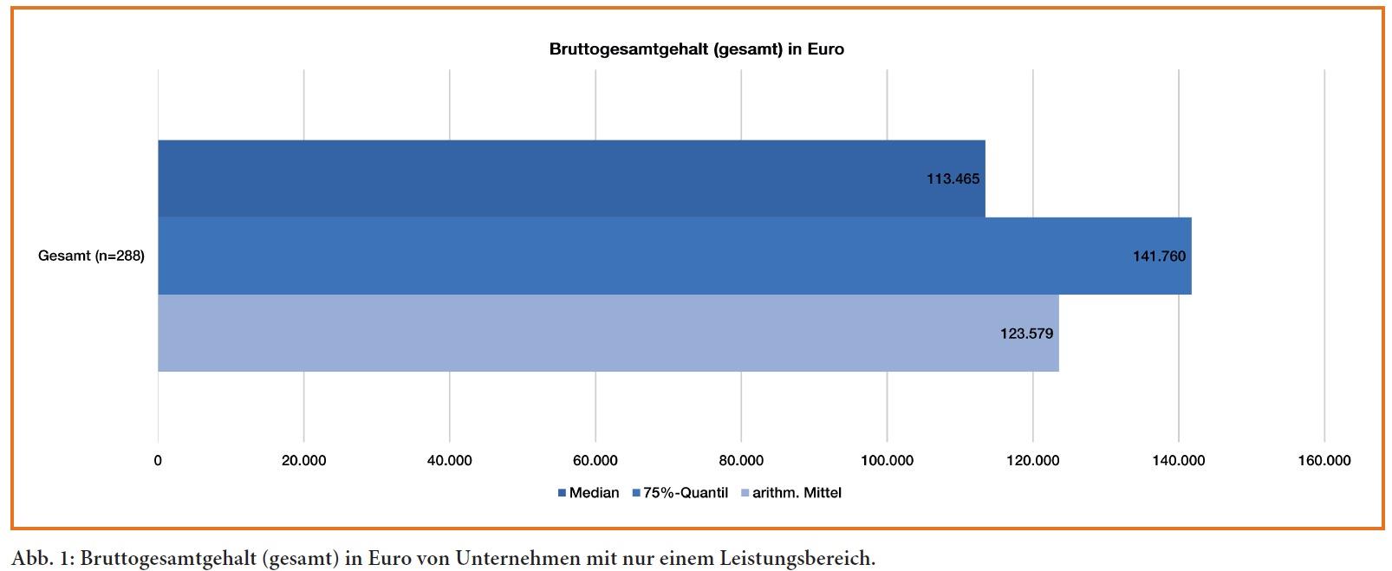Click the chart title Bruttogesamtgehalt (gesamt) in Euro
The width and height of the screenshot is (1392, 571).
[696, 49]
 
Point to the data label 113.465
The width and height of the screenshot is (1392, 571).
[953, 179]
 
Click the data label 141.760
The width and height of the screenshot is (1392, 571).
[1159, 256]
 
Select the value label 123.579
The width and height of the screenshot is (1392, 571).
[1026, 334]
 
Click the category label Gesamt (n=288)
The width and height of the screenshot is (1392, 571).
[91, 256]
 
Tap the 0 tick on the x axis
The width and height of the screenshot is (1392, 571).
[158, 461]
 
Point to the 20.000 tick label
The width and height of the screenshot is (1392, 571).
[303, 461]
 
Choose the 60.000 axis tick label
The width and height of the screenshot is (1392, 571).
[595, 461]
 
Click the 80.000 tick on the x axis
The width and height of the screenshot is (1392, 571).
[741, 461]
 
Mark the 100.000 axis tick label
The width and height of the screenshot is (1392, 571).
[887, 461]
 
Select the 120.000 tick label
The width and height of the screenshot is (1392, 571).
[1032, 461]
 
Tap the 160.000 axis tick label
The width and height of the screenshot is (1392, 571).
[1324, 461]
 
